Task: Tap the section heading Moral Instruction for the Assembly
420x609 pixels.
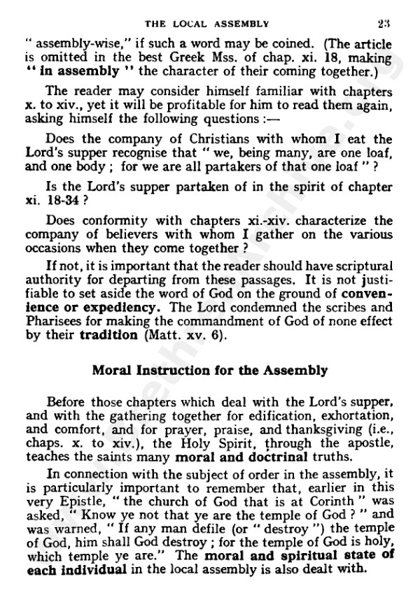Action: click(210, 371)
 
